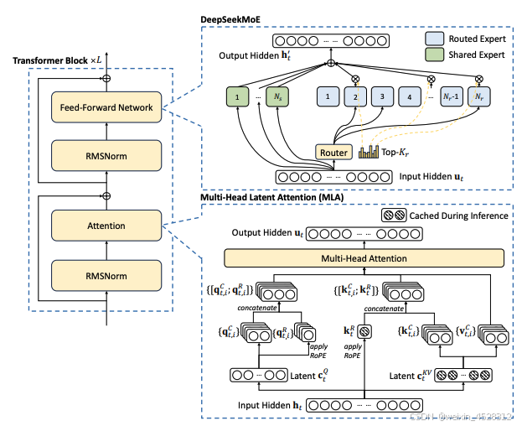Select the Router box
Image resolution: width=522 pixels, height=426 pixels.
tap(333, 153)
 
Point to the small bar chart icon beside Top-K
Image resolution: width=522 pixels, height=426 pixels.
tap(370, 152)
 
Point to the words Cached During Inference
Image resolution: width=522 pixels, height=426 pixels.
tap(458, 216)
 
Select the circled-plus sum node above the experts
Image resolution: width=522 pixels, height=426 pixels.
tap(332, 63)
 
